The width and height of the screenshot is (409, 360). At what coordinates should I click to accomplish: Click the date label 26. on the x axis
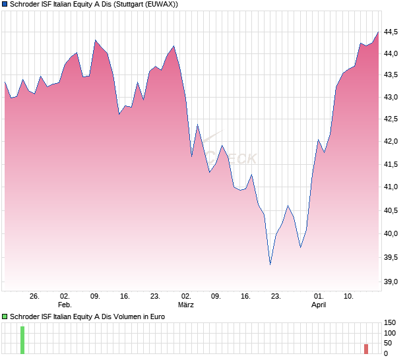[x=35, y=297]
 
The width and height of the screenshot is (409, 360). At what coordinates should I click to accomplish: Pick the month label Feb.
[x=65, y=305]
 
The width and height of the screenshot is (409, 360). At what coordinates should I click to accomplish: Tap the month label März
[x=186, y=305]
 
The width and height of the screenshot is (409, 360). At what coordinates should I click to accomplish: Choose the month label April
[x=319, y=305]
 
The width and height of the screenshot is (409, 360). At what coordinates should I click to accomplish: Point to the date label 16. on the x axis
[x=246, y=297]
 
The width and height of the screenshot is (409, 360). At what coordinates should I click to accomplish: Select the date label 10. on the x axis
[x=348, y=297]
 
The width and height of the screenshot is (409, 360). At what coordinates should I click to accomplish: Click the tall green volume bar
[x=22, y=340]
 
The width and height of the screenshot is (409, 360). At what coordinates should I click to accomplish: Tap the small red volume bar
[x=366, y=348]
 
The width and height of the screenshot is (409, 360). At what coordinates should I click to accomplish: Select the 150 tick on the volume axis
[x=389, y=322]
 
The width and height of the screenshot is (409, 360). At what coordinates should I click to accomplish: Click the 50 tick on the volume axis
[x=389, y=344]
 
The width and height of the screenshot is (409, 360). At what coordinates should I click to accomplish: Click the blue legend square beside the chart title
[x=5, y=4]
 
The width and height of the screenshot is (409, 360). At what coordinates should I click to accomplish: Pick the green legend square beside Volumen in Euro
[x=5, y=316]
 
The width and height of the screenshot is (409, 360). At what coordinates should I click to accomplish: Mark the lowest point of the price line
[x=270, y=264]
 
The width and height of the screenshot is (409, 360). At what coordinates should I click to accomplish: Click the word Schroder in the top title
[x=25, y=4]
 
